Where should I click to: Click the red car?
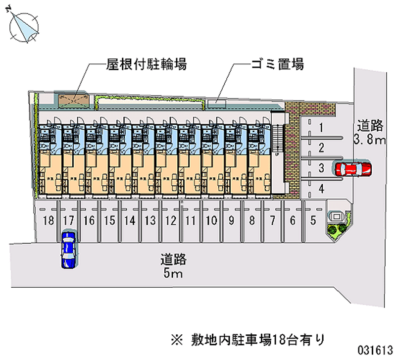point(353,169)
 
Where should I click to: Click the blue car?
point(68,249)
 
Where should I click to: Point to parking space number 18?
point(48,221)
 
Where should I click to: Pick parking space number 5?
point(313,221)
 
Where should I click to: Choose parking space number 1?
point(321,128)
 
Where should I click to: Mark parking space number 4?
point(321,188)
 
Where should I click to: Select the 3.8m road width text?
point(369,140)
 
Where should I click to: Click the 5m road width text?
point(173,273)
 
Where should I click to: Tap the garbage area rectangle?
point(216,103)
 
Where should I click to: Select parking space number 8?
point(252,221)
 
